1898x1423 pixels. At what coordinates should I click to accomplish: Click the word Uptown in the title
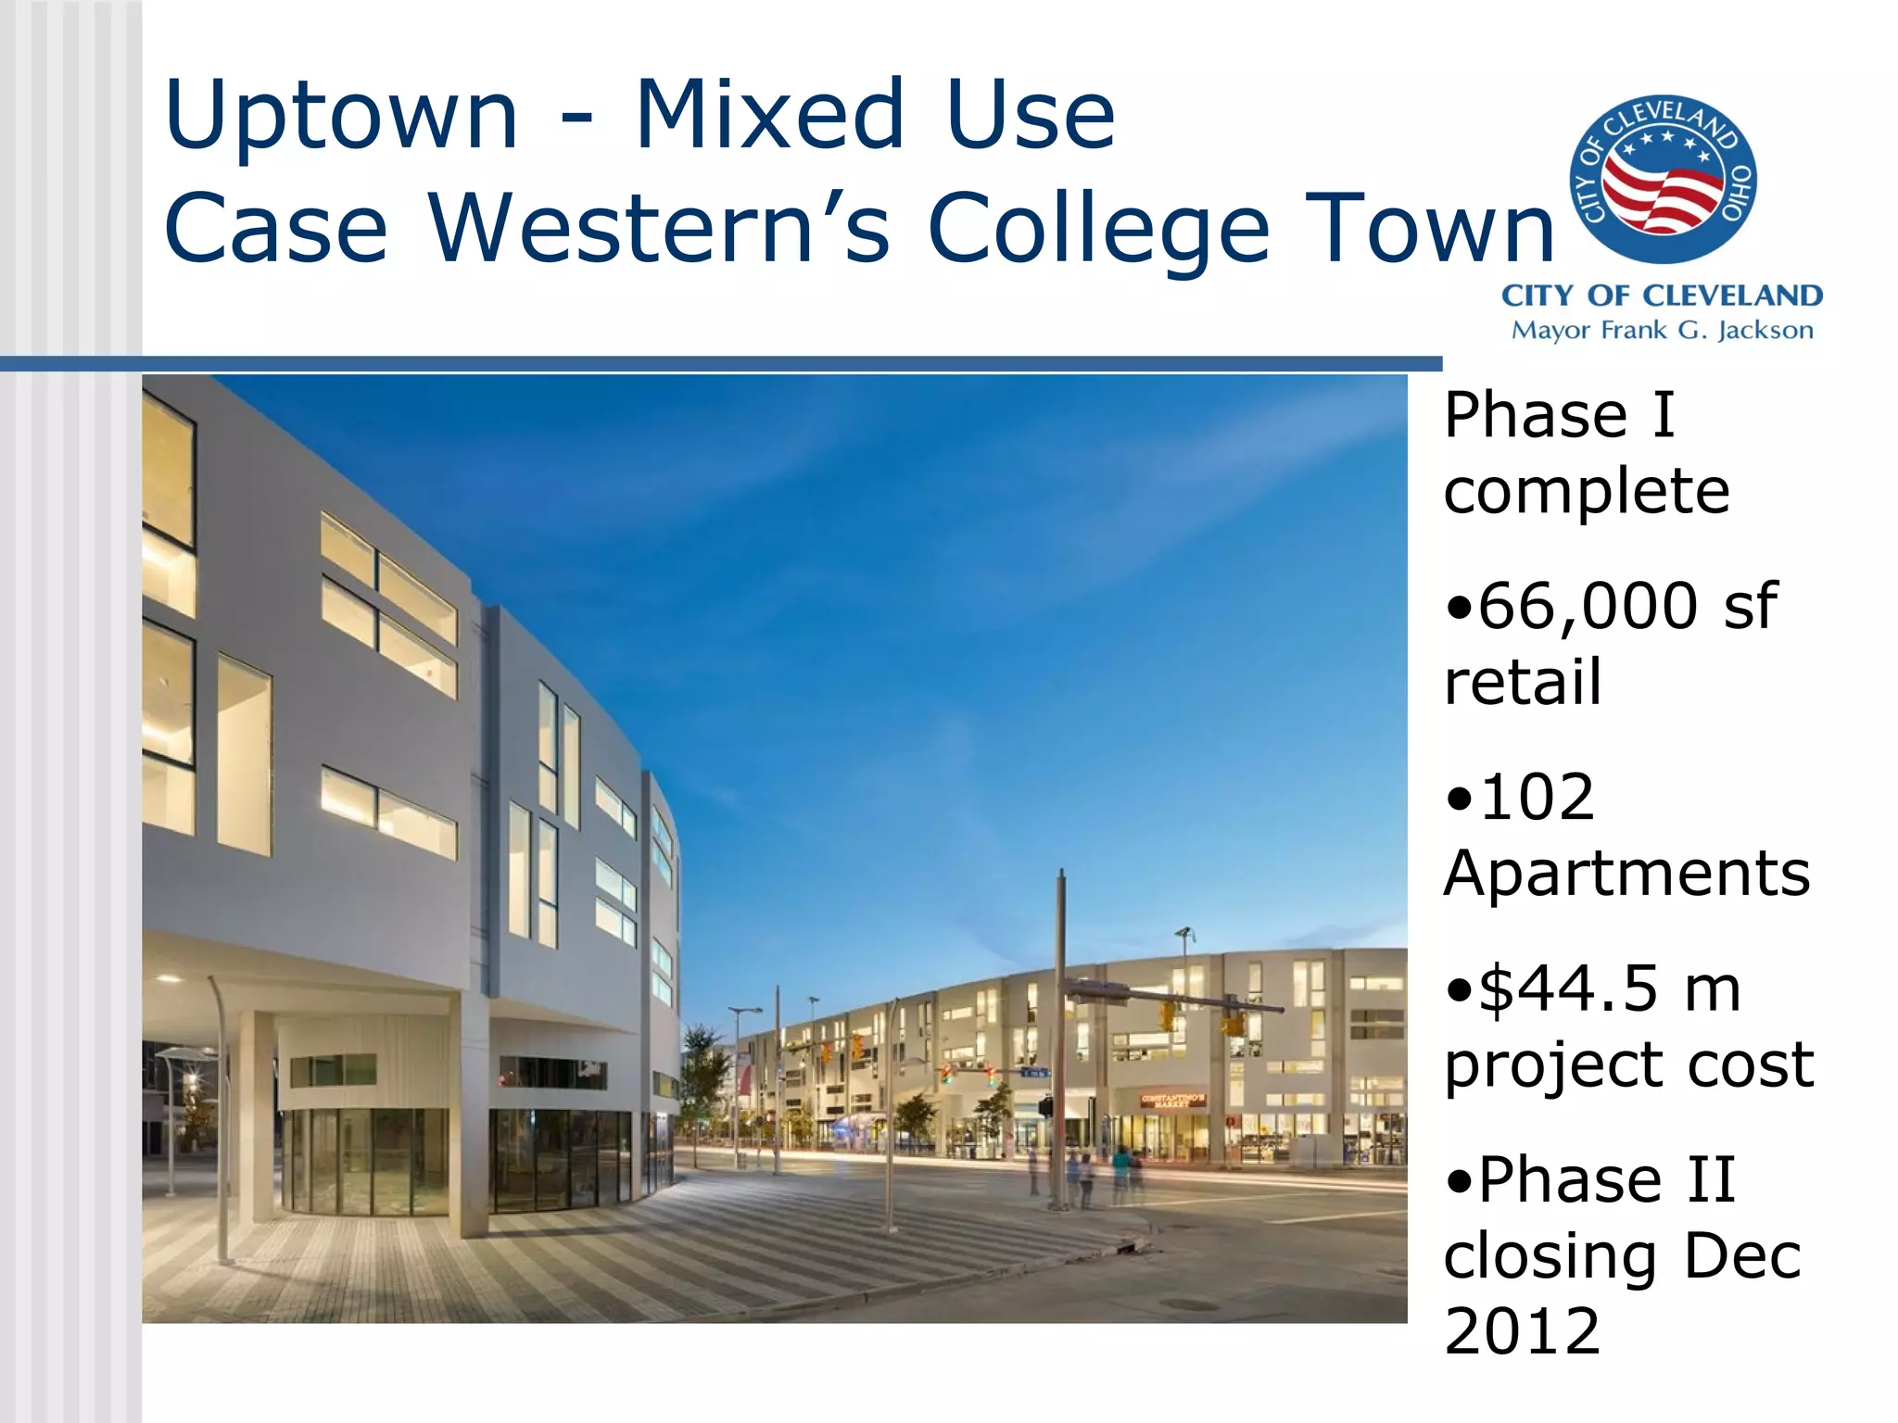point(340,115)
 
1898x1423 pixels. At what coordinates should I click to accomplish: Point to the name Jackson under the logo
point(1765,331)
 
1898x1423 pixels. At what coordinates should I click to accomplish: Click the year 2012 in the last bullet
point(1522,1331)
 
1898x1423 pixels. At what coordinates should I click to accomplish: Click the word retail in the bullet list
point(1523,683)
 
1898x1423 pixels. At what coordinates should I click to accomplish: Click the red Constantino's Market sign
point(1172,1100)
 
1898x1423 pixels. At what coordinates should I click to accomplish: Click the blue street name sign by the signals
point(1034,1072)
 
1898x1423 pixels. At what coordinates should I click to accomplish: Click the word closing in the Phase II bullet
point(1550,1257)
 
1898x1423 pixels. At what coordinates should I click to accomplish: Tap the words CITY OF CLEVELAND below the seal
point(1662,296)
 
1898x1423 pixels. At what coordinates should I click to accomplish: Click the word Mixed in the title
point(768,115)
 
